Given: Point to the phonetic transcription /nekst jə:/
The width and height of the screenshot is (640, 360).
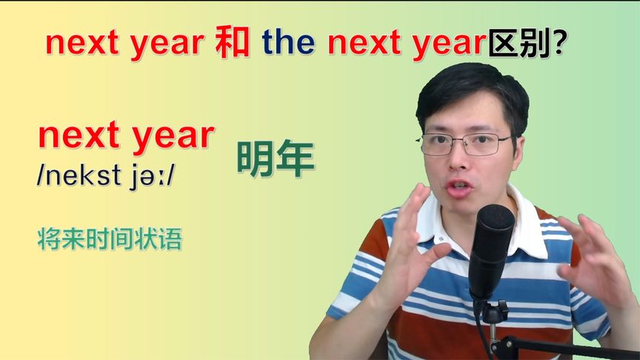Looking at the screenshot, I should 107,176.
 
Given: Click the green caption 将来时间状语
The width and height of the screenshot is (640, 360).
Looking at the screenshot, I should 109,239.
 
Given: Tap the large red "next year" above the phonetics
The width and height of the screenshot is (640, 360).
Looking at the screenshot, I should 126,136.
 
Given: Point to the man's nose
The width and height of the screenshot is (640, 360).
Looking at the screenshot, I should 465,159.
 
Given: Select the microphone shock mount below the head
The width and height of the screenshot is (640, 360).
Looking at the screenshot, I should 493,311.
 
